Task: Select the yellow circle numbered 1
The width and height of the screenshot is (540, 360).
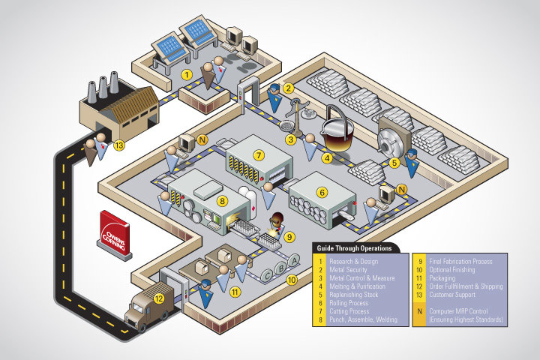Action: click(x=186, y=74)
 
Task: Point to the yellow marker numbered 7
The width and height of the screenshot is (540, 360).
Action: click(x=259, y=155)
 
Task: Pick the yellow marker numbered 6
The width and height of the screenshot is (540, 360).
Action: click(x=322, y=192)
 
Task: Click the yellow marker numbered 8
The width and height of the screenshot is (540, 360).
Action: click(x=221, y=200)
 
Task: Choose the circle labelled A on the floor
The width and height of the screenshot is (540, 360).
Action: click(x=294, y=259)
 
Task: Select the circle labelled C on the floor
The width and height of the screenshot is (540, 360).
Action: click(x=268, y=274)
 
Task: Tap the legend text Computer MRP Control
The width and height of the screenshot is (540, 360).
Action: click(x=460, y=312)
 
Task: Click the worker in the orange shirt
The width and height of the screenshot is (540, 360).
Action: click(x=277, y=222)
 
